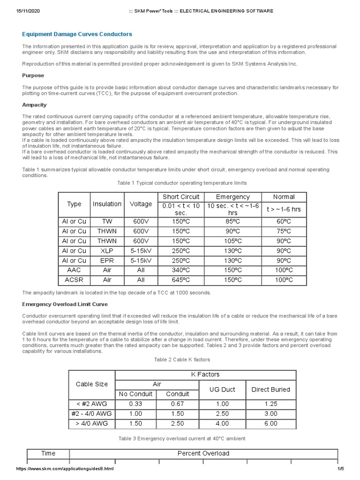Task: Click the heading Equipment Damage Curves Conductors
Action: [77, 34]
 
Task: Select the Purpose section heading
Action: [33, 75]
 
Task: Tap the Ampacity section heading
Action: [34, 105]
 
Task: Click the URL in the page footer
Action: [65, 469]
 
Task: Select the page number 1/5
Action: [340, 469]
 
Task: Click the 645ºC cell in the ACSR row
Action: [181, 280]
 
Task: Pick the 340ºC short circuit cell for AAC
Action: [181, 270]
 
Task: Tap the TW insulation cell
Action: [107, 221]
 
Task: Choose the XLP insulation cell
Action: [107, 250]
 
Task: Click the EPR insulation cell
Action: [107, 260]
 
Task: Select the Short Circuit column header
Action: [181, 197]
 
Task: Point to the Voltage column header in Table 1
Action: [141, 204]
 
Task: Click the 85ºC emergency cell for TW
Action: [232, 221]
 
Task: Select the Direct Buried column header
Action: [270, 389]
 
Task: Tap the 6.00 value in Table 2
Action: [270, 423]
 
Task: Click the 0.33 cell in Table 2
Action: [136, 404]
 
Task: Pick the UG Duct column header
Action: [222, 389]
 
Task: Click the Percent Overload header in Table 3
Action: [203, 453]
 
